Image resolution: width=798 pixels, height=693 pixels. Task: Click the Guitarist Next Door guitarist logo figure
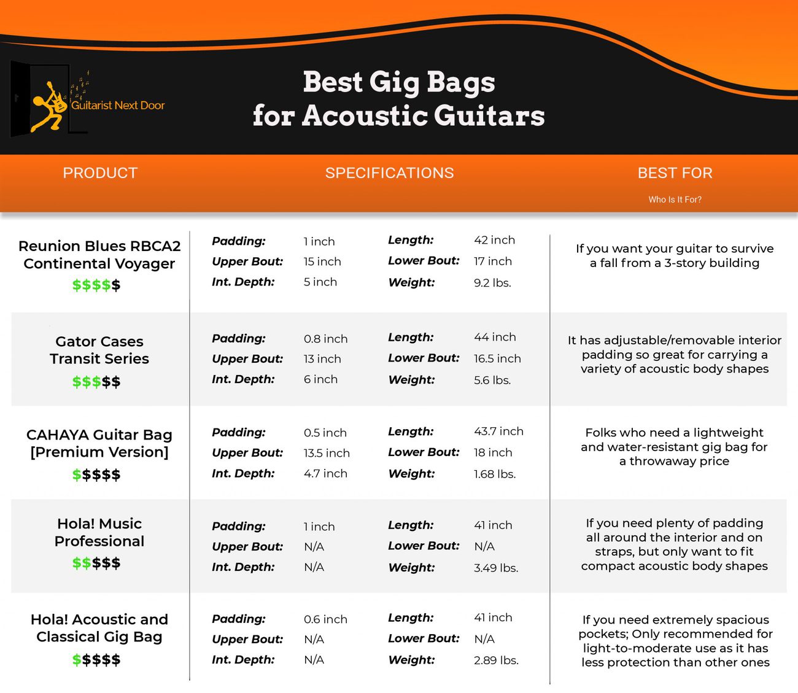point(49,106)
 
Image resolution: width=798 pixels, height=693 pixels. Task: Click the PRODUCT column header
point(100,173)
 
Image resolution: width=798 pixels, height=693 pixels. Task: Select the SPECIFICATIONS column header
point(389,173)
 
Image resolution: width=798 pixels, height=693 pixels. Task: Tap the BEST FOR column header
point(675,173)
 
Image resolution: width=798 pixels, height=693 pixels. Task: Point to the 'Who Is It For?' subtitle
point(675,199)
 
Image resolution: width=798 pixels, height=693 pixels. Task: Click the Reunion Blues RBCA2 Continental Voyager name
point(99,255)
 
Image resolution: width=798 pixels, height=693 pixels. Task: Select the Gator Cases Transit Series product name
point(99,350)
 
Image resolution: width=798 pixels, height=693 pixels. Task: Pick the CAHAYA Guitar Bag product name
point(99,443)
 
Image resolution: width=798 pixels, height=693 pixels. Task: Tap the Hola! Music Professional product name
point(99,532)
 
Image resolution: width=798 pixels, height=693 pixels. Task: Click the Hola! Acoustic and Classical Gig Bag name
point(99,628)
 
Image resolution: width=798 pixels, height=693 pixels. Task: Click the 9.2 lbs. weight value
point(492,283)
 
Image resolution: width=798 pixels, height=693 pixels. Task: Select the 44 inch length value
point(495,337)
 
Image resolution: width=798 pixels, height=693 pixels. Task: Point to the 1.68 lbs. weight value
point(495,474)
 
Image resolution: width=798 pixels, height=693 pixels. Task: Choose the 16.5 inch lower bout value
point(497,358)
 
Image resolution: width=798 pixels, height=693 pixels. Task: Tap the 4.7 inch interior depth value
point(325,473)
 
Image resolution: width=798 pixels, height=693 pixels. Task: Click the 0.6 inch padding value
point(325,619)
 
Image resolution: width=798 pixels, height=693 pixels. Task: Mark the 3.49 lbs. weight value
point(496,568)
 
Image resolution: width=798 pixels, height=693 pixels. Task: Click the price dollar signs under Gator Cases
point(96,382)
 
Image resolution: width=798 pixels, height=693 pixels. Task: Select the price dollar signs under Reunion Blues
point(96,285)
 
